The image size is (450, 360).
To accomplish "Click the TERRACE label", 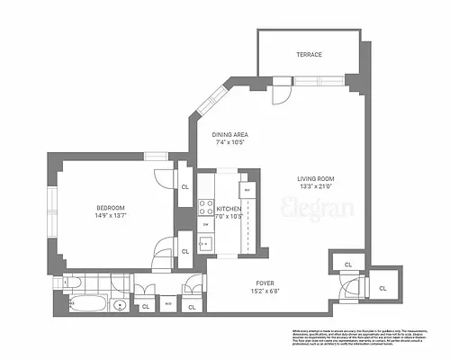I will point(310,55).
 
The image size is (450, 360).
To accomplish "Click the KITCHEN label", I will point(229,209).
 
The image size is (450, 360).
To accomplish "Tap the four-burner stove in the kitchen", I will point(205,206).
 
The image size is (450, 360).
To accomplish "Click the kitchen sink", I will point(205,241).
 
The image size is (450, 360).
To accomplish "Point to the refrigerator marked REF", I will point(245,191).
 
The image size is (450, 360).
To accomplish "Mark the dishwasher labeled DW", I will point(205,224).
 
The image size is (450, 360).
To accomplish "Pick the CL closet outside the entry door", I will point(382,287).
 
